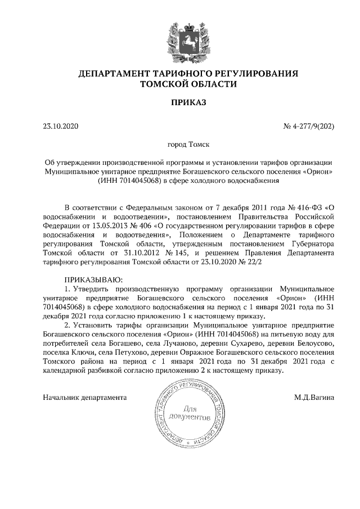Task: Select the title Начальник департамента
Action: tap(84, 397)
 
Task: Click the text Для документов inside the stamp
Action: tap(195, 413)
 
